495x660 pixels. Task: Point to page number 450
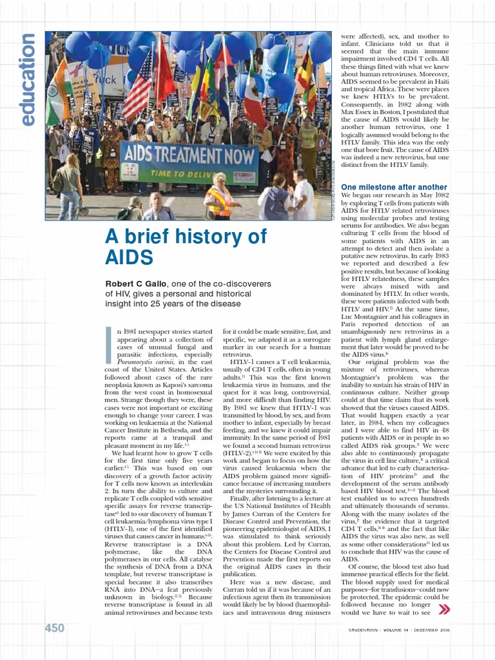[x=54, y=628]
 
